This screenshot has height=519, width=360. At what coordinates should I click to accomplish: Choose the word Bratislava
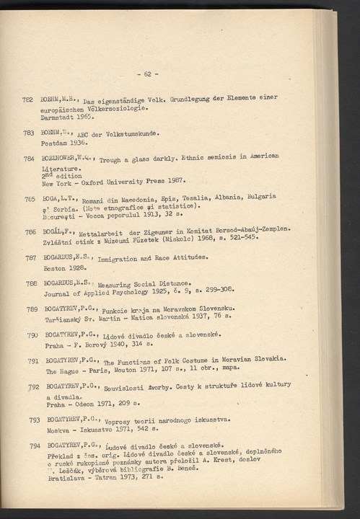pyautogui.click(x=63, y=477)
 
